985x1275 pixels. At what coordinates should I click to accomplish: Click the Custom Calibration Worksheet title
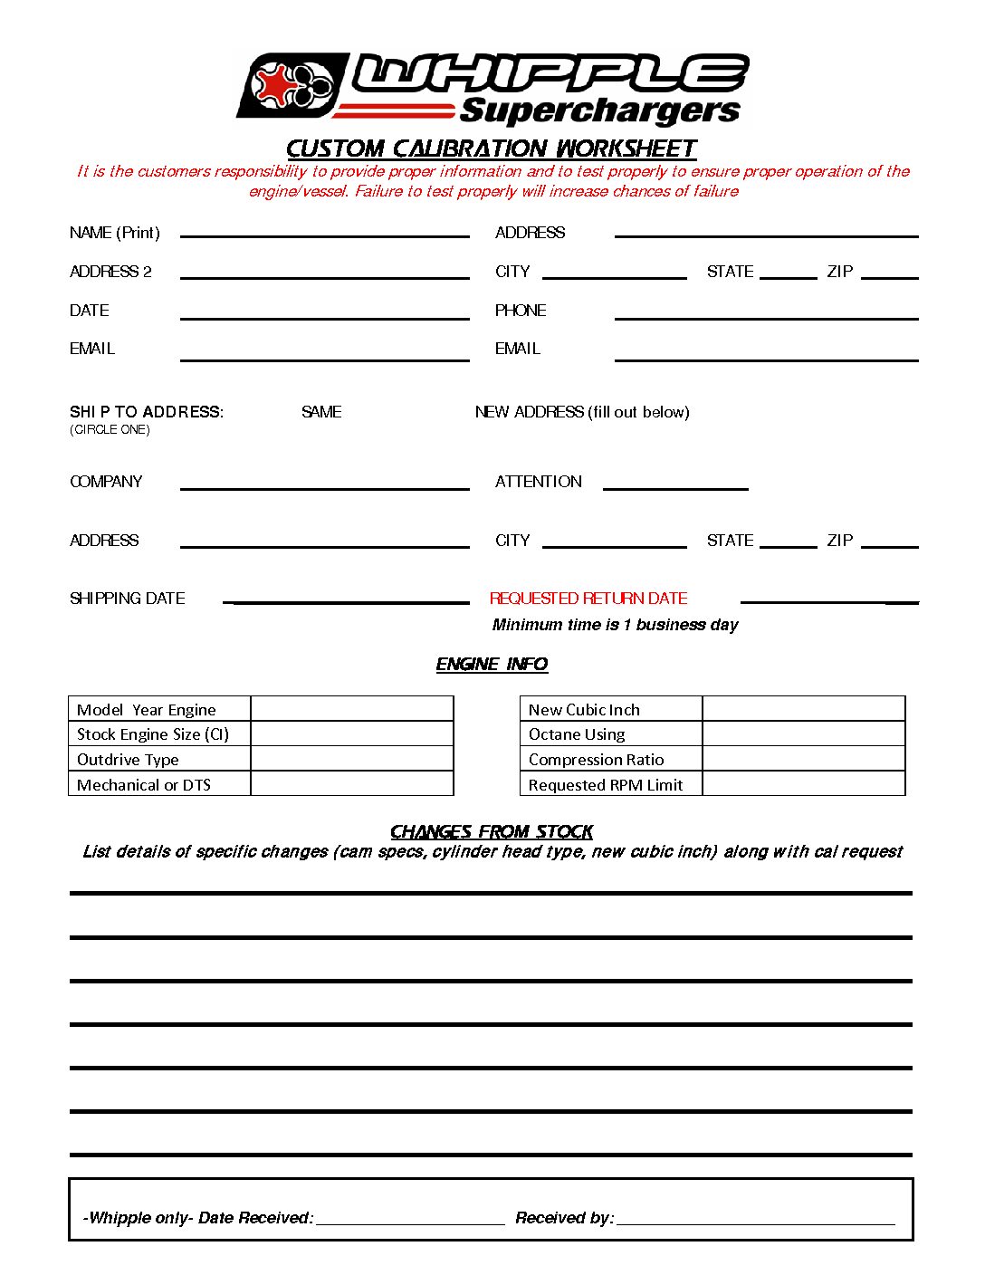tap(492, 149)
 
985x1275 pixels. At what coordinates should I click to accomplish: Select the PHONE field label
tap(521, 311)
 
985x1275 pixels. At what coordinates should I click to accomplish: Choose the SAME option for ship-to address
tap(321, 412)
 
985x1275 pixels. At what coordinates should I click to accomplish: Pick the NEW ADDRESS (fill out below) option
tap(582, 412)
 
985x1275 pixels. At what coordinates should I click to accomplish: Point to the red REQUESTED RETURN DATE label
tap(588, 599)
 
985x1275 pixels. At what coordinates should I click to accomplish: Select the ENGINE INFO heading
tap(492, 665)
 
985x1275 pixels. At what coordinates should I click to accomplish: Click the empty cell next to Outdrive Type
tap(351, 759)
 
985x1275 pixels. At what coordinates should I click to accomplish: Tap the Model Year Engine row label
tap(147, 710)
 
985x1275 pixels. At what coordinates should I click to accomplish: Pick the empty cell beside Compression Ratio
tap(803, 759)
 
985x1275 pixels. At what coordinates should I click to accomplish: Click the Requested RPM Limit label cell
tap(606, 784)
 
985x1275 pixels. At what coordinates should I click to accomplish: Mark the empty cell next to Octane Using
tap(803, 734)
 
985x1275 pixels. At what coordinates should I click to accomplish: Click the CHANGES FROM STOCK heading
tap(492, 831)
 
